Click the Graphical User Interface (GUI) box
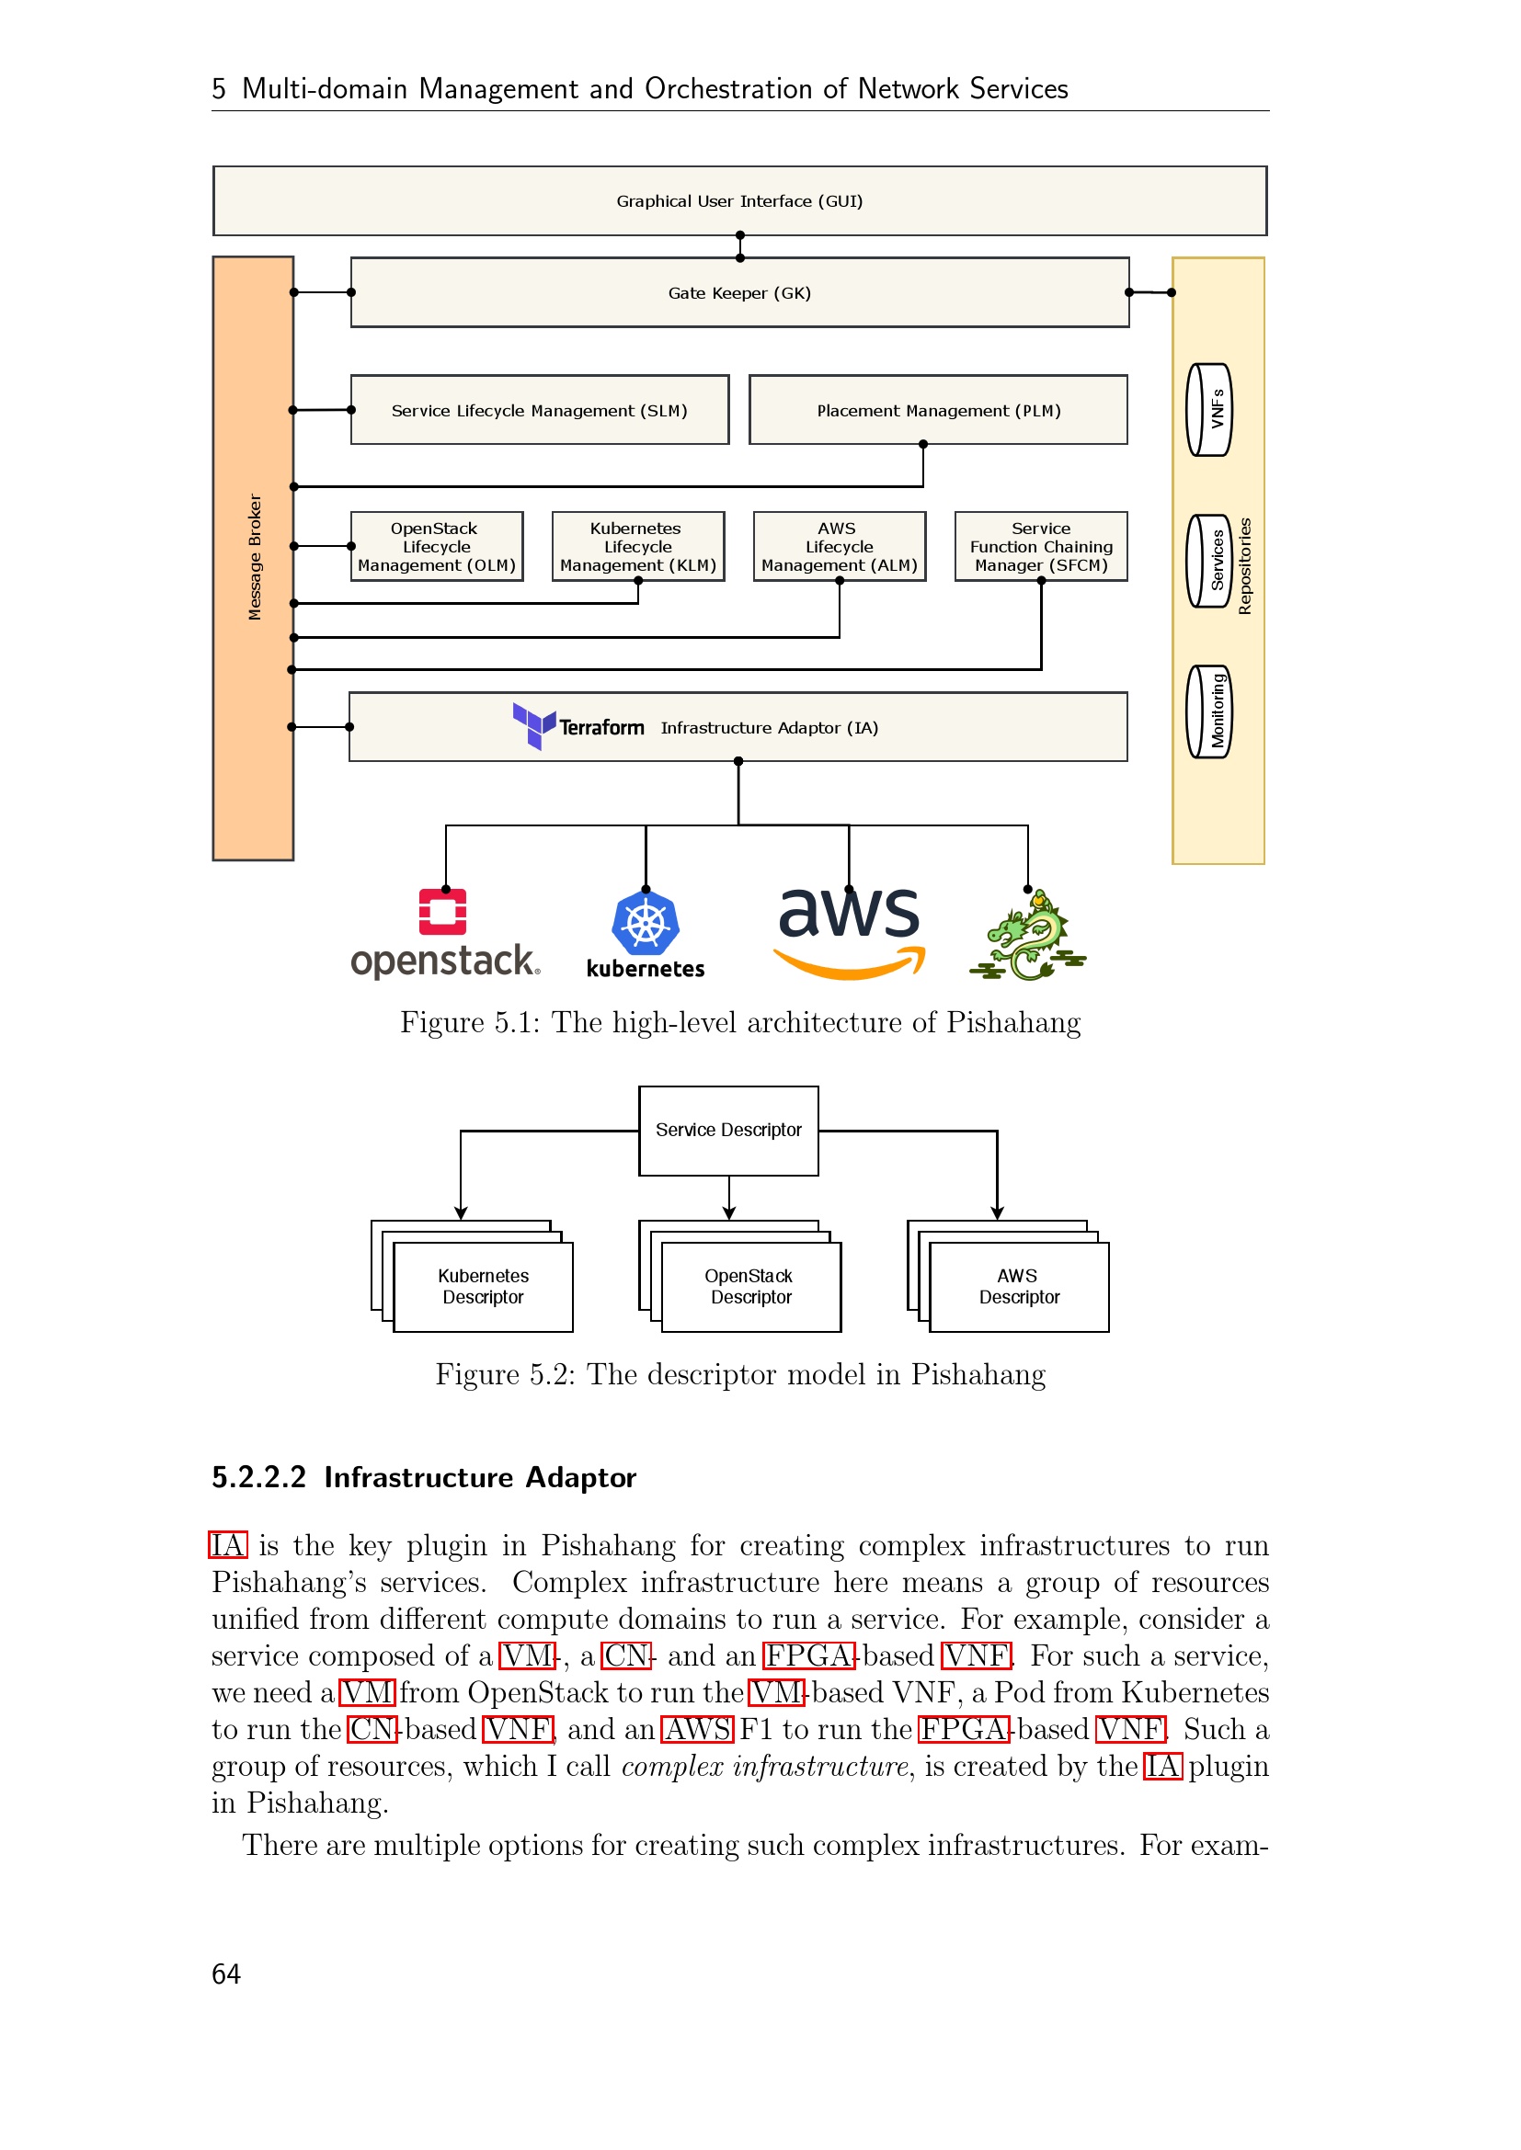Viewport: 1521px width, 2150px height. (x=740, y=200)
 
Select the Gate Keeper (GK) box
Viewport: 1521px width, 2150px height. (x=740, y=292)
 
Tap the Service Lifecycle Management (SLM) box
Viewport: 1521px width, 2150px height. (x=540, y=410)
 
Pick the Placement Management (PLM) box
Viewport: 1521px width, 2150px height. (x=939, y=410)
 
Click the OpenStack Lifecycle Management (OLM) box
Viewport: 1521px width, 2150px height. (x=437, y=546)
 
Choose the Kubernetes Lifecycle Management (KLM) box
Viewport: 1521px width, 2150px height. (x=638, y=546)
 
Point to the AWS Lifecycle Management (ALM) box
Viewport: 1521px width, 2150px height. (x=840, y=546)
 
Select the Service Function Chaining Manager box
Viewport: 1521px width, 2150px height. (x=1041, y=546)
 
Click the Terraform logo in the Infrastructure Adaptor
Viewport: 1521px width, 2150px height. (x=578, y=727)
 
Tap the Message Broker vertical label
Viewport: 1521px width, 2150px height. (x=254, y=557)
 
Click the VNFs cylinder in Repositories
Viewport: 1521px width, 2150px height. (x=1209, y=409)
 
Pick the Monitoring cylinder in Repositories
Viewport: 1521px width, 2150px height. (x=1209, y=711)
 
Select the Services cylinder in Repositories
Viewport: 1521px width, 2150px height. (x=1209, y=560)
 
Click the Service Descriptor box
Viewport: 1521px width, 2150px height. (x=728, y=1131)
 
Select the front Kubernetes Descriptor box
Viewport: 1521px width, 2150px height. (x=484, y=1287)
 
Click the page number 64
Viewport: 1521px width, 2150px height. (x=226, y=1974)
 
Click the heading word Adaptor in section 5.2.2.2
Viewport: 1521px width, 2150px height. (x=580, y=1478)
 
